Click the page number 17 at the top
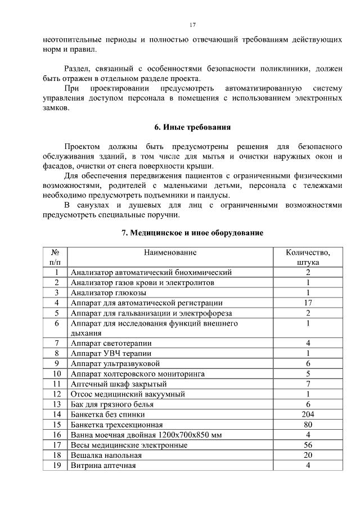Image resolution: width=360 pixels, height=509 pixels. click(192, 25)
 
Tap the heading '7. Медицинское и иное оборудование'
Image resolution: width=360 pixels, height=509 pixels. click(192, 232)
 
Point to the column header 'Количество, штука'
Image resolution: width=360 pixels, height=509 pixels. click(308, 257)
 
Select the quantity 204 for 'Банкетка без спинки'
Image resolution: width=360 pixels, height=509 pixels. click(308, 414)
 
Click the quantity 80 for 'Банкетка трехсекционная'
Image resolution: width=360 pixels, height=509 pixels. click(308, 424)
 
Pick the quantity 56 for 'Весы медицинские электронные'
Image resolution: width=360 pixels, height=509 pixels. click(308, 444)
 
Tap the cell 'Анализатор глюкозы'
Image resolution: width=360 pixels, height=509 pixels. click(109, 292)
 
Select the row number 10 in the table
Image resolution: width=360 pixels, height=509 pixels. click(56, 373)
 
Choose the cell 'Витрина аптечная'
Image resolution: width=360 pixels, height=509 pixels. click(103, 465)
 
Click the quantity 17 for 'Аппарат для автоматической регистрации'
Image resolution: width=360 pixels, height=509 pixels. click(308, 303)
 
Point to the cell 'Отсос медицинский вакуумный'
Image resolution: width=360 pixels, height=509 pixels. click(127, 394)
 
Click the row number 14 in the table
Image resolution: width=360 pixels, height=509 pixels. click(56, 414)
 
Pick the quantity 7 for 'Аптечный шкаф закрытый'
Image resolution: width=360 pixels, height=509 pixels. click(308, 384)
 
